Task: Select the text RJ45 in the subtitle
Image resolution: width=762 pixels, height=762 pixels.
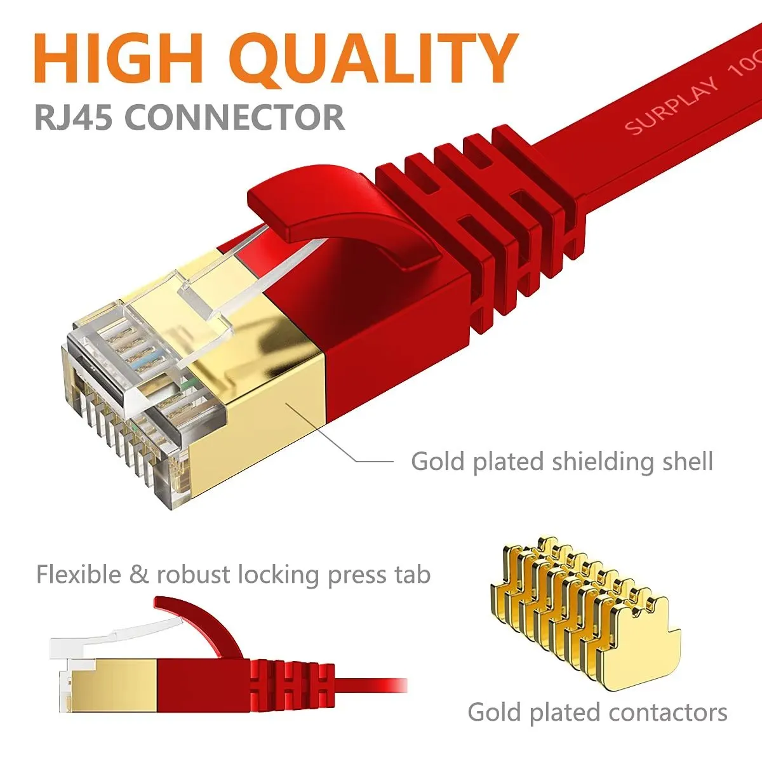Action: pos(74,117)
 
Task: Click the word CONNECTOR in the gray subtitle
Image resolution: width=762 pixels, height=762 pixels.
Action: pos(235,117)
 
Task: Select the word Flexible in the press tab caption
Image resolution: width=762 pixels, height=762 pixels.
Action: pos(78,574)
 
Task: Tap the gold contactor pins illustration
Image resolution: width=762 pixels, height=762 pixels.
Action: pos(584,610)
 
